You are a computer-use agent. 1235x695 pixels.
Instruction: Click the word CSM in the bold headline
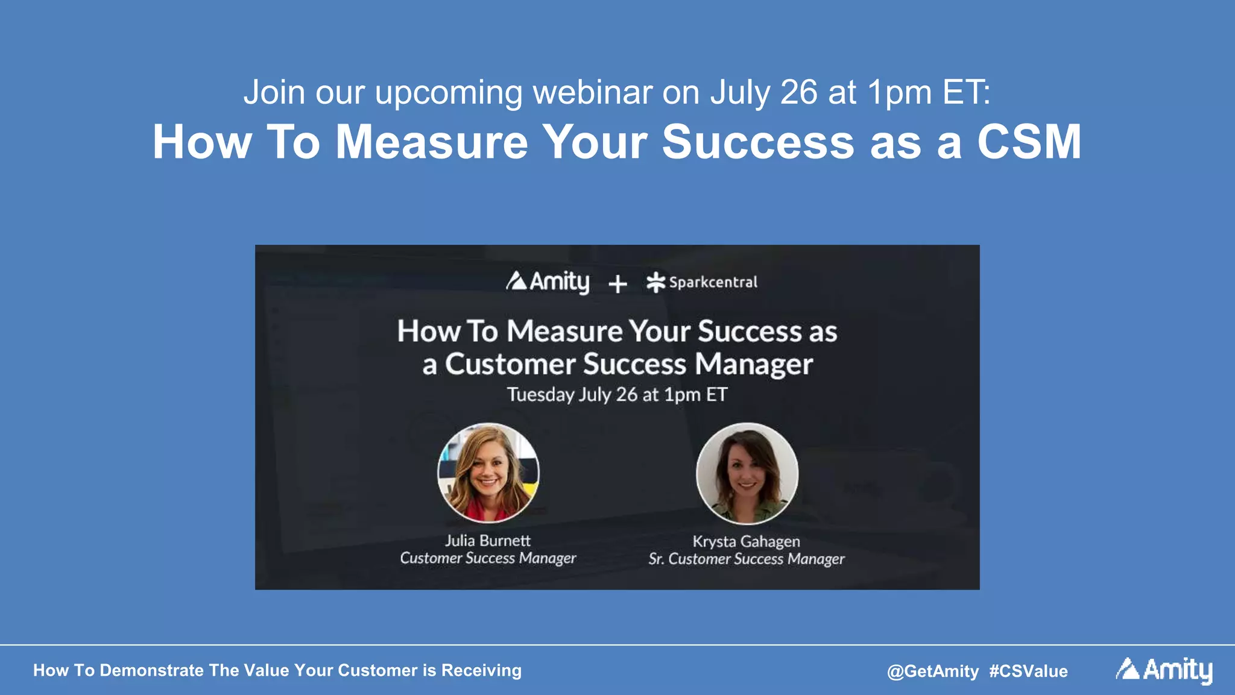point(1029,142)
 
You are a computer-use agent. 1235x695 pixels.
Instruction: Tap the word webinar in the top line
point(593,92)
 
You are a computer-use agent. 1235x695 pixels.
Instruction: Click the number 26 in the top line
point(799,92)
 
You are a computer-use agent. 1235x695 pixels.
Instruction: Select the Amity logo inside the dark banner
point(548,281)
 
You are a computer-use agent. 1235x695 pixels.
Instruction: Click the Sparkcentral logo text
point(712,282)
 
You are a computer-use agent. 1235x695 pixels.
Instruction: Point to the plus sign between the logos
point(617,284)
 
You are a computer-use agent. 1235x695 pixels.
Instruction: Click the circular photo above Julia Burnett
point(488,473)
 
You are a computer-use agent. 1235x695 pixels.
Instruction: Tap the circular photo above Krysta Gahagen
point(747,473)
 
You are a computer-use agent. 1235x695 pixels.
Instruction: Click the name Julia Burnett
point(488,541)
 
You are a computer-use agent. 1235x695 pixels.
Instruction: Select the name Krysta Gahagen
point(746,541)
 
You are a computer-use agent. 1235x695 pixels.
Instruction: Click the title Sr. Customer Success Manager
point(746,559)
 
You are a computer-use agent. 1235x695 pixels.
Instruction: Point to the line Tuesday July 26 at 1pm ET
point(617,394)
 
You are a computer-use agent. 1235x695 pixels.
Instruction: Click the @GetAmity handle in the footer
point(932,671)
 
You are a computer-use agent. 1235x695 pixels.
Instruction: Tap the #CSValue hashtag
point(1028,671)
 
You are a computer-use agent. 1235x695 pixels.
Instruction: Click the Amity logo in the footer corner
point(1164,670)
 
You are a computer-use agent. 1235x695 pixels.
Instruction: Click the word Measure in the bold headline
point(431,142)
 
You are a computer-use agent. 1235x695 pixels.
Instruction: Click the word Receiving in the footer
point(481,670)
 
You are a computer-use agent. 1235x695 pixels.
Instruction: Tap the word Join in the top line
point(274,92)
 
